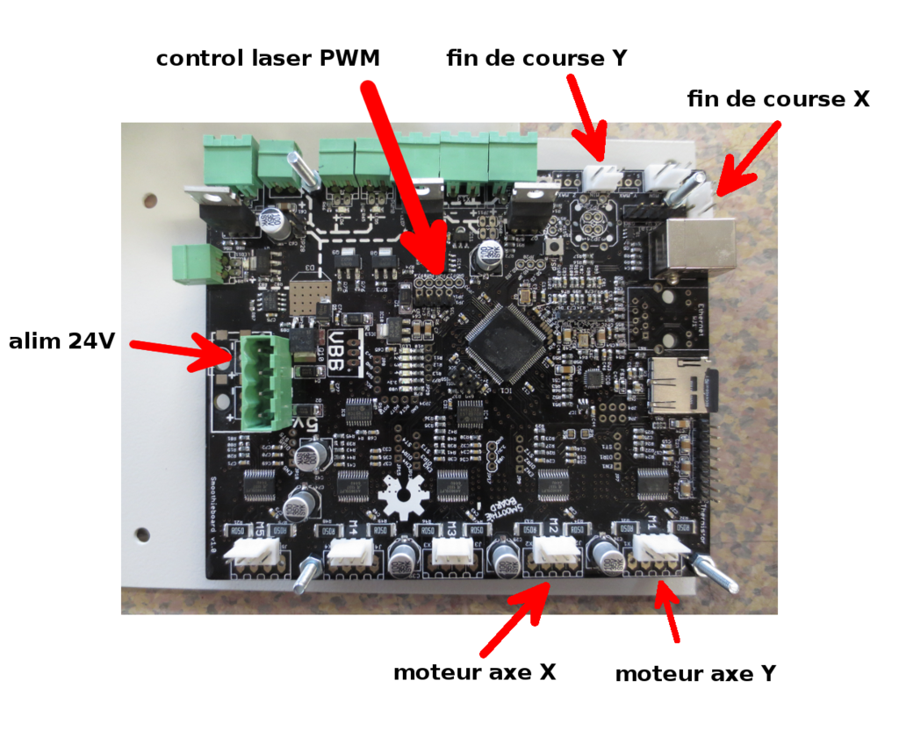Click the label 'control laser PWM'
pos(269,59)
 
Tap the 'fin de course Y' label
pos(537,59)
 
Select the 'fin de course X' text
pos(778,99)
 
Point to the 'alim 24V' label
pos(61,341)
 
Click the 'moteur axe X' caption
pos(475,672)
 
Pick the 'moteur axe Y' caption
pos(695,674)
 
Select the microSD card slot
pos(680,384)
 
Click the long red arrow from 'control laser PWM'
pos(404,176)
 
